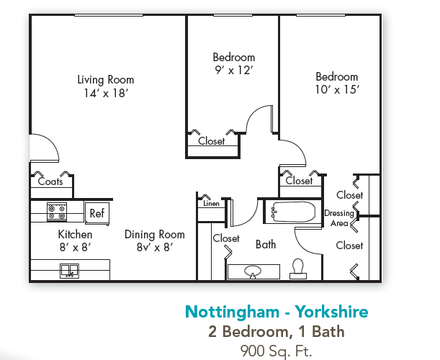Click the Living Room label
(106, 80)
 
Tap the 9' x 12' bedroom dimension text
(233, 70)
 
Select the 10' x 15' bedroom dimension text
(336, 89)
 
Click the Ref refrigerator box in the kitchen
(96, 213)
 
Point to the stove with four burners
(57, 212)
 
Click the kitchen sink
(70, 270)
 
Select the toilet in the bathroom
(298, 268)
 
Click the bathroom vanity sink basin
(253, 271)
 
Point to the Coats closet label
(50, 181)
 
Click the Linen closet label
(211, 204)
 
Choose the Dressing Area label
(338, 218)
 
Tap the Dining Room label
(154, 235)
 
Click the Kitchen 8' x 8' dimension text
(75, 247)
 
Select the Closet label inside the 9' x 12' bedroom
(212, 141)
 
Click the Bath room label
(266, 245)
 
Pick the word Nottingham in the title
(230, 312)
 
